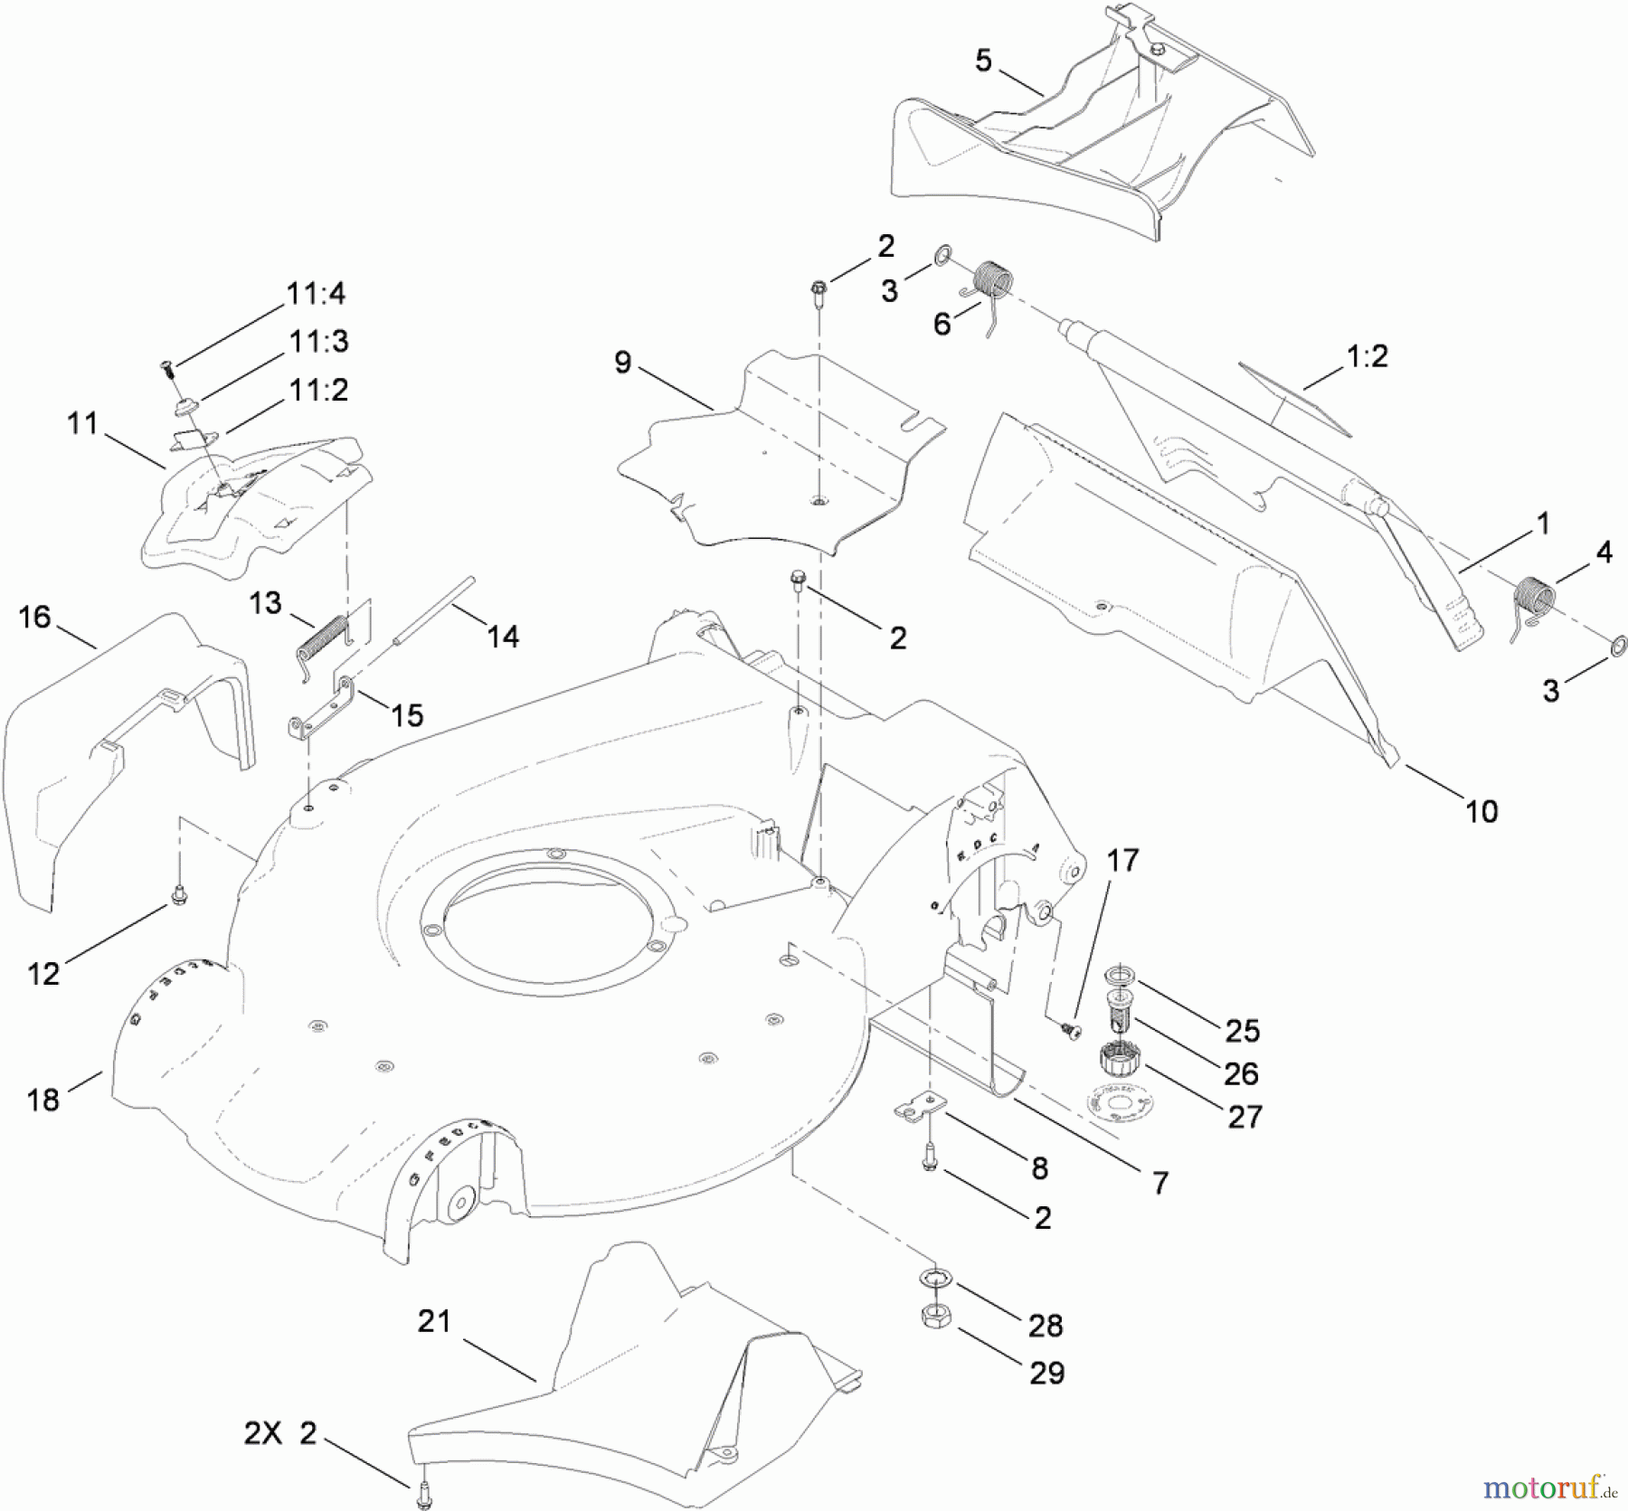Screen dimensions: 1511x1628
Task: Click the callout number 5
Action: (x=983, y=61)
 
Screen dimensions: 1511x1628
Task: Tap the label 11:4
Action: (x=315, y=293)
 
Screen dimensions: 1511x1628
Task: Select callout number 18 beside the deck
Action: (x=43, y=1100)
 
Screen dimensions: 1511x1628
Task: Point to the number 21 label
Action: (x=434, y=1321)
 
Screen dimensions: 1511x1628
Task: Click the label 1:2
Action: (x=1367, y=356)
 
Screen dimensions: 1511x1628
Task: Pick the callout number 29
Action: (x=1047, y=1373)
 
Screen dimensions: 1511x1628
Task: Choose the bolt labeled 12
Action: (x=179, y=896)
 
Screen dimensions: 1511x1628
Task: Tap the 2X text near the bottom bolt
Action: (x=263, y=1434)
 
